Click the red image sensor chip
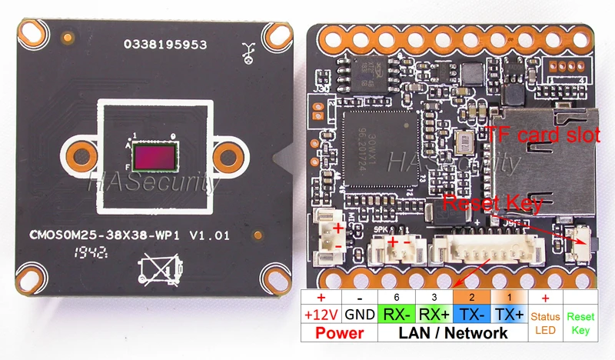pyautogui.click(x=154, y=158)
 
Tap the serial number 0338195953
pyautogui.click(x=165, y=45)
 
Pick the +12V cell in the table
pyautogui.click(x=320, y=315)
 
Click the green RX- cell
pyautogui.click(x=397, y=315)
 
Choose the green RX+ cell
pyautogui.click(x=434, y=315)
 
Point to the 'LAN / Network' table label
pyautogui.click(x=454, y=333)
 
